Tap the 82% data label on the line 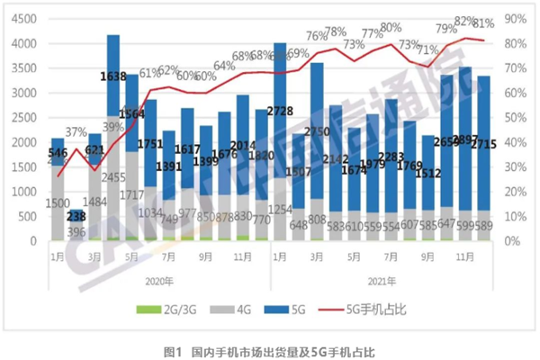click(464, 21)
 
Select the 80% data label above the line click(391, 28)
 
